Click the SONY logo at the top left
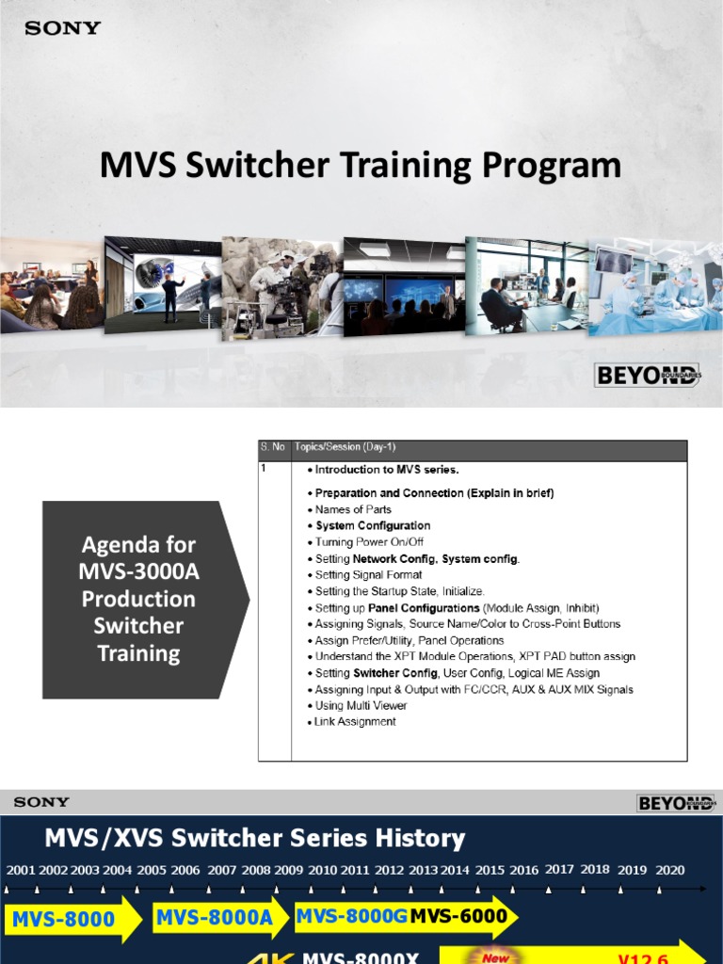(x=62, y=28)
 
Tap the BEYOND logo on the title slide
(x=649, y=376)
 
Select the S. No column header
(x=272, y=447)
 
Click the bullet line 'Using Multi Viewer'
(x=361, y=705)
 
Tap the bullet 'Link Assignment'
(x=355, y=722)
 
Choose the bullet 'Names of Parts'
(x=353, y=509)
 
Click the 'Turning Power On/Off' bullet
(x=369, y=542)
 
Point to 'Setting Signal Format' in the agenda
(x=368, y=574)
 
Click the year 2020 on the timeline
(x=669, y=871)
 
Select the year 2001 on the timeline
(x=20, y=871)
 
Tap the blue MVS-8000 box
(x=64, y=920)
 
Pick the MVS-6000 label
(x=458, y=916)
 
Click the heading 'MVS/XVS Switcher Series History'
(x=255, y=838)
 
